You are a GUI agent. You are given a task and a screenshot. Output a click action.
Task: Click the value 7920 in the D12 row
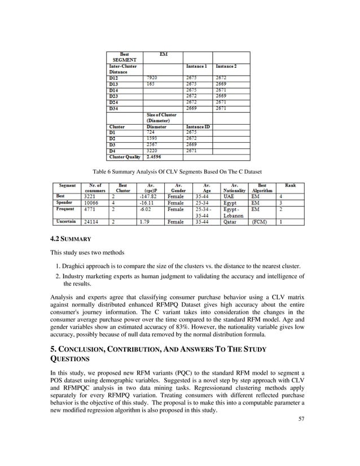click(151, 78)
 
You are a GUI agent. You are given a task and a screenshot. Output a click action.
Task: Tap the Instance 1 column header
click(197, 67)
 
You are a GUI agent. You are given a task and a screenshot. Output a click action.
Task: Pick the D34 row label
click(114, 108)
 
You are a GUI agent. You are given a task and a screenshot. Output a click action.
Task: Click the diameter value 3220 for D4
click(152, 151)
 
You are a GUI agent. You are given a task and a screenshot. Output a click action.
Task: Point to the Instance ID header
click(199, 127)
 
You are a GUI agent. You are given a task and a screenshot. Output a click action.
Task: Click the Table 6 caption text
click(179, 171)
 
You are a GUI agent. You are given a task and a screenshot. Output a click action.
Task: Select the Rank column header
click(291, 184)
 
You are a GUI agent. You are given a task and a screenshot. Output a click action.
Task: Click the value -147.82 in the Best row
click(148, 196)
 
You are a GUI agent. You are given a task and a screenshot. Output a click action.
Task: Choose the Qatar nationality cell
click(231, 222)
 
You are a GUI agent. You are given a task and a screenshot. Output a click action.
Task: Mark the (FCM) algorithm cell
click(260, 222)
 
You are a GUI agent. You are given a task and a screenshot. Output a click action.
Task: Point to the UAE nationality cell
click(229, 196)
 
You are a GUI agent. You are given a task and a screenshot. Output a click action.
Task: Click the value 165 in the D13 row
click(150, 83)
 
